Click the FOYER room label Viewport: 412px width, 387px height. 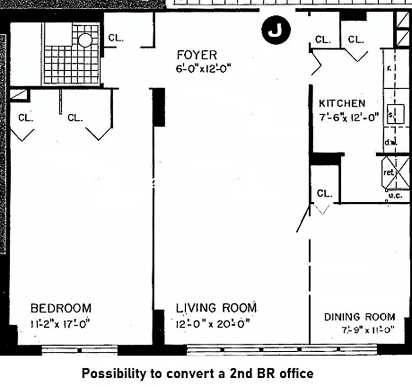pyautogui.click(x=197, y=54)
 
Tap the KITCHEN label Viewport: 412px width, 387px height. pyautogui.click(x=342, y=103)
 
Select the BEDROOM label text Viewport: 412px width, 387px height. pyautogui.click(x=61, y=308)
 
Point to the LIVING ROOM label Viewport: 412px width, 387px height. pyautogui.click(x=216, y=308)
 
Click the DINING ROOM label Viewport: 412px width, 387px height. pyautogui.click(x=359, y=317)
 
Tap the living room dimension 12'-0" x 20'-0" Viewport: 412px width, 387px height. pyautogui.click(x=213, y=323)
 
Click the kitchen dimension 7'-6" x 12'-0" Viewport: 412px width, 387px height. pyautogui.click(x=349, y=117)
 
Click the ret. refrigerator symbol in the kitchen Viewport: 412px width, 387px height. pyautogui.click(x=390, y=173)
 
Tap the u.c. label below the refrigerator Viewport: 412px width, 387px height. pyautogui.click(x=395, y=196)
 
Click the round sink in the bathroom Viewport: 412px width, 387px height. pyautogui.click(x=86, y=39)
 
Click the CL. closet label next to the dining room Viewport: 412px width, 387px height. pyautogui.click(x=325, y=193)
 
